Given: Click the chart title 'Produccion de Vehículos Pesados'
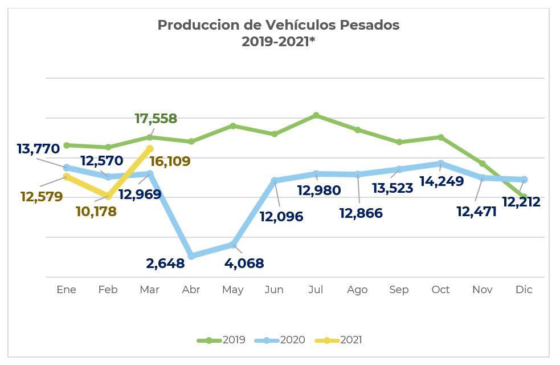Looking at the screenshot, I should tap(279, 26).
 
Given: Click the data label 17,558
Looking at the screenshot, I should tap(156, 119).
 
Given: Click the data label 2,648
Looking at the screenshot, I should tap(165, 263).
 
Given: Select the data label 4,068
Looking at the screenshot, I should tap(244, 263).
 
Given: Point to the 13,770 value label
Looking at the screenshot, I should tap(38, 149).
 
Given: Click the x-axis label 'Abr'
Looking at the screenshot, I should tap(191, 290).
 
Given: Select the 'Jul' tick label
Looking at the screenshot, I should tap(316, 290).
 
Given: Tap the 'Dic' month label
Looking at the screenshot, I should tap(524, 290).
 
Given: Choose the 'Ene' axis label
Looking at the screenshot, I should tap(67, 290).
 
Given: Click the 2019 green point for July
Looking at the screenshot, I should tap(316, 115).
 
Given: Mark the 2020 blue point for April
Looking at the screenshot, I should tap(191, 256).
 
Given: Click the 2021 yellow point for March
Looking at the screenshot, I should tap(150, 148).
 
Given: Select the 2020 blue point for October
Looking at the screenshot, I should tap(441, 164).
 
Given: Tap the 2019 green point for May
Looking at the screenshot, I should tap(233, 125).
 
